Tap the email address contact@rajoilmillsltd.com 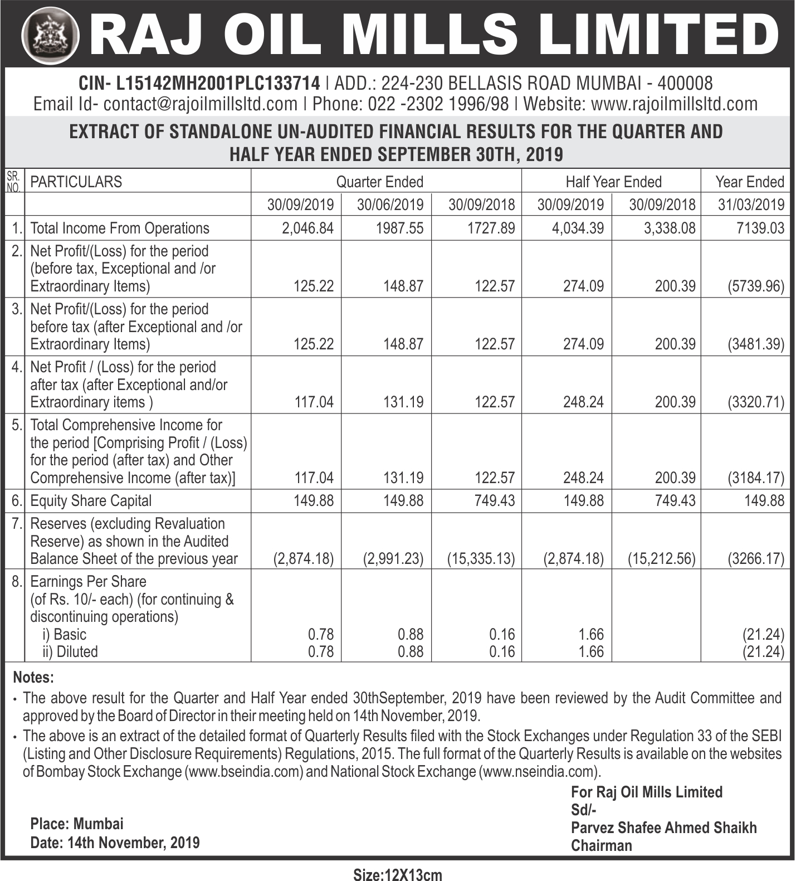(201, 104)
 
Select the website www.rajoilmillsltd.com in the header (674, 104)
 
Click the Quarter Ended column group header (379, 182)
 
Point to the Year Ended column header (749, 182)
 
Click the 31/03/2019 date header (751, 205)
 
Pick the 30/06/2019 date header (390, 205)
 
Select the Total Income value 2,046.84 (308, 228)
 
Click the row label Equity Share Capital (91, 500)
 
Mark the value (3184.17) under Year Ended (755, 478)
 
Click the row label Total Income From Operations (120, 228)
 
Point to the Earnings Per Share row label (88, 581)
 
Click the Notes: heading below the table (33, 678)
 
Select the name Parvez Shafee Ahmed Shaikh (663, 828)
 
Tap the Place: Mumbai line (77, 824)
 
